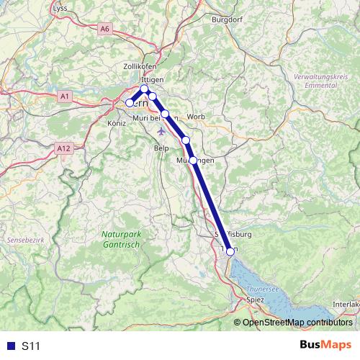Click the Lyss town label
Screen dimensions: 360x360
pos(61,8)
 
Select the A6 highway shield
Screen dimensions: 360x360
pos(106,28)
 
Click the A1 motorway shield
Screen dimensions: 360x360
pos(65,96)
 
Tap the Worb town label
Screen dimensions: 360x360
pos(196,117)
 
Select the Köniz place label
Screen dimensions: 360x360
pos(115,123)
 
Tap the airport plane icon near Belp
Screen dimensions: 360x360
pos(161,132)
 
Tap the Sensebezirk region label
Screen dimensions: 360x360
pos(21,238)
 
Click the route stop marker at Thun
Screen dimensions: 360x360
pos(230,251)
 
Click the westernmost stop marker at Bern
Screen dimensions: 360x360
pos(130,102)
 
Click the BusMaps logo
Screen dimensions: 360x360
pos(325,346)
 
